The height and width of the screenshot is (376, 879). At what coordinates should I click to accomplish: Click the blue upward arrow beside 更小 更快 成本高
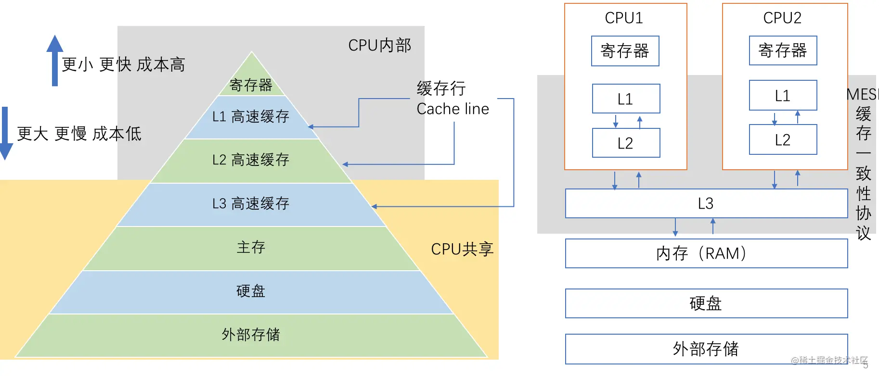[55, 61]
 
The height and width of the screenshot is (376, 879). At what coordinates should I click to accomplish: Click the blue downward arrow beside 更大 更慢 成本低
[5, 133]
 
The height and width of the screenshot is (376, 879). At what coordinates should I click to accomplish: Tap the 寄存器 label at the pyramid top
[251, 85]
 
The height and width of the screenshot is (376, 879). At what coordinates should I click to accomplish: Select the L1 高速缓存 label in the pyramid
[251, 116]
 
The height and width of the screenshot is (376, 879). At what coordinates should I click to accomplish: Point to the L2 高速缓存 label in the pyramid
[251, 160]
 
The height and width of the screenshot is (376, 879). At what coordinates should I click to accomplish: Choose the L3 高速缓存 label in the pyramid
[251, 203]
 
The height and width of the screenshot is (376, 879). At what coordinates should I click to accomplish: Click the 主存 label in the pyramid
[251, 247]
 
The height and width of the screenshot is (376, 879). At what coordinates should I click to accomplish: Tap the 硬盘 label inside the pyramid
[251, 291]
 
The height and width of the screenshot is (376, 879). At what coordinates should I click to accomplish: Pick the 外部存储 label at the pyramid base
[251, 334]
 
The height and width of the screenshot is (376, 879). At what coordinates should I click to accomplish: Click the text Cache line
[452, 109]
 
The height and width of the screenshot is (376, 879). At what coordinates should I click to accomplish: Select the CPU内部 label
[380, 45]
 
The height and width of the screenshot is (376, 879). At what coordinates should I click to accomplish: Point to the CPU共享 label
[462, 249]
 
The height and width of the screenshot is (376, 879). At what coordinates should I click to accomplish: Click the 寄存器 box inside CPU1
[625, 51]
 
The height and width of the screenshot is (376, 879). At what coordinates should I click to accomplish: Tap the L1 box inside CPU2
[783, 95]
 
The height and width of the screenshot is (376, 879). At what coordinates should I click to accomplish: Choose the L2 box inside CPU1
[626, 143]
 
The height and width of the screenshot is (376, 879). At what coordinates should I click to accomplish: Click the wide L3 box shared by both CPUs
[707, 203]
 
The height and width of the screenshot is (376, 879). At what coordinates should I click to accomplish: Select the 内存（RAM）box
[707, 253]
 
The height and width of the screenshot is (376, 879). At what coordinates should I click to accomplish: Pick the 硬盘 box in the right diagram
[707, 303]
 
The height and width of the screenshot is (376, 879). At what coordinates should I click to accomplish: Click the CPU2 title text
[782, 18]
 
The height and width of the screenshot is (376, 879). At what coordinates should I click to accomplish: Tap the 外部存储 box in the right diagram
[707, 349]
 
